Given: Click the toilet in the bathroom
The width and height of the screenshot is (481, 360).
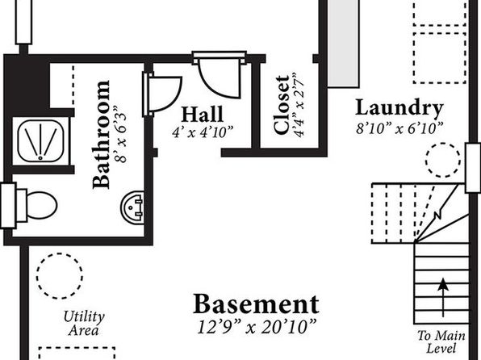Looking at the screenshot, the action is tap(37, 205).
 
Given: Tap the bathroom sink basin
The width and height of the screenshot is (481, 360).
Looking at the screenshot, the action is tap(132, 207).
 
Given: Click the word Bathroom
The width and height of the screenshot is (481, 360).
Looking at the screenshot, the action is tap(101, 135).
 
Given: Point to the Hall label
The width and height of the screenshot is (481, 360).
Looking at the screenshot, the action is tap(203, 115).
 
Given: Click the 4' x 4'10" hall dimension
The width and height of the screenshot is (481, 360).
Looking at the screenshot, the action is tap(203, 132).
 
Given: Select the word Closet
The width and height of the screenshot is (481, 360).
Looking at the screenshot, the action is tap(282, 105).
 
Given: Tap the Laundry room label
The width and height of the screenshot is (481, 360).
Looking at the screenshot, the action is tap(399, 108).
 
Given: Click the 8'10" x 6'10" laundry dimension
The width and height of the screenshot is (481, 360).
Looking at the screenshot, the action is tap(400, 128).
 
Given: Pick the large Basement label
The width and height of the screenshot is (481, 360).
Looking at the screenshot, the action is tap(256, 304).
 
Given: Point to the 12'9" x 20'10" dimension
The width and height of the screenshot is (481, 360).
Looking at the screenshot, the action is tap(257, 327).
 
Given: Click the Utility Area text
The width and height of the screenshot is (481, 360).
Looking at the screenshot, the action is tap(84, 324).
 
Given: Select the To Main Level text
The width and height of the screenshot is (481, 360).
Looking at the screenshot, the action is tap(441, 342).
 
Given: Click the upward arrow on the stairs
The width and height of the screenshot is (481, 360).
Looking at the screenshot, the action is tap(442, 297).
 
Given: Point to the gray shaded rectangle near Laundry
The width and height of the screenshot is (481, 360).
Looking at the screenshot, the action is tap(343, 44).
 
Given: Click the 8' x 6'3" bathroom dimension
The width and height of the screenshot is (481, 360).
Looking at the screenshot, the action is tap(120, 134).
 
